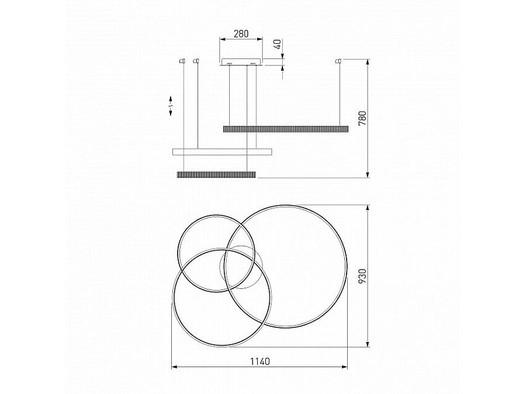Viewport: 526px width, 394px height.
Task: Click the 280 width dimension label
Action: point(241,33)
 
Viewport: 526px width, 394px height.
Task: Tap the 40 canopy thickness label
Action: point(278,44)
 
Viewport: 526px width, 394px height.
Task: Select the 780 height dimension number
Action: point(362,118)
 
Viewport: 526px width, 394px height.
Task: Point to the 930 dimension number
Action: point(362,276)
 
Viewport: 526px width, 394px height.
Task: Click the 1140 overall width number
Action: point(260,361)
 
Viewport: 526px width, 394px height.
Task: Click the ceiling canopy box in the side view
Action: point(241,62)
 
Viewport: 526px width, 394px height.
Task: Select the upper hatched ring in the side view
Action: point(285,128)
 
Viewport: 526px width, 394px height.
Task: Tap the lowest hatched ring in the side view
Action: point(216,174)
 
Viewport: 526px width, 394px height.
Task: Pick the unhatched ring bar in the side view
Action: point(223,152)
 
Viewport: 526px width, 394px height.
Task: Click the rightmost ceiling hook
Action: point(339,61)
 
